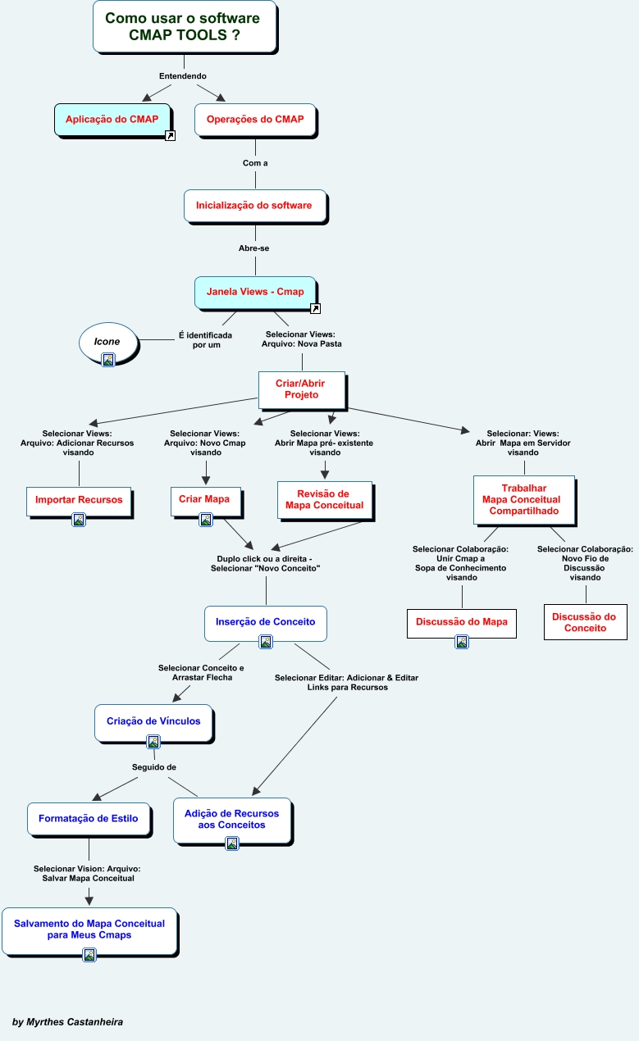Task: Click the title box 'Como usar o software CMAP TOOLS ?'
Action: coord(184,27)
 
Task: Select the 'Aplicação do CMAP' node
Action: coord(112,120)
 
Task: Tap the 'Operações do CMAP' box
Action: coord(255,120)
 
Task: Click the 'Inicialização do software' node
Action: coord(254,205)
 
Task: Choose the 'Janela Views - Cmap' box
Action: coord(255,292)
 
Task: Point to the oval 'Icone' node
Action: coord(107,342)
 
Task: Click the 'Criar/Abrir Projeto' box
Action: coord(301,389)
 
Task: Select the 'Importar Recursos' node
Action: coord(79,500)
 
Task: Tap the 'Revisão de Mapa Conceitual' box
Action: coord(324,500)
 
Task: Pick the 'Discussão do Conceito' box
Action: coord(585,622)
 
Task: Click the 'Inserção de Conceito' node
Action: coord(265,622)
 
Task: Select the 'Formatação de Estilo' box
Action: coord(89,819)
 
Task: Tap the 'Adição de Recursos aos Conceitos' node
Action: coord(231,820)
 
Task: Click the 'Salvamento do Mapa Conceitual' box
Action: coord(89,930)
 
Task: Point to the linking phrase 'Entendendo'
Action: coord(183,76)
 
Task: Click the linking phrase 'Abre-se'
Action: coord(254,248)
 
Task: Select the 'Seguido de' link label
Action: coord(154,767)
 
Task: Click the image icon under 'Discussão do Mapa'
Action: coord(462,642)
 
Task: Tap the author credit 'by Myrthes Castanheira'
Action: coord(68,1022)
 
